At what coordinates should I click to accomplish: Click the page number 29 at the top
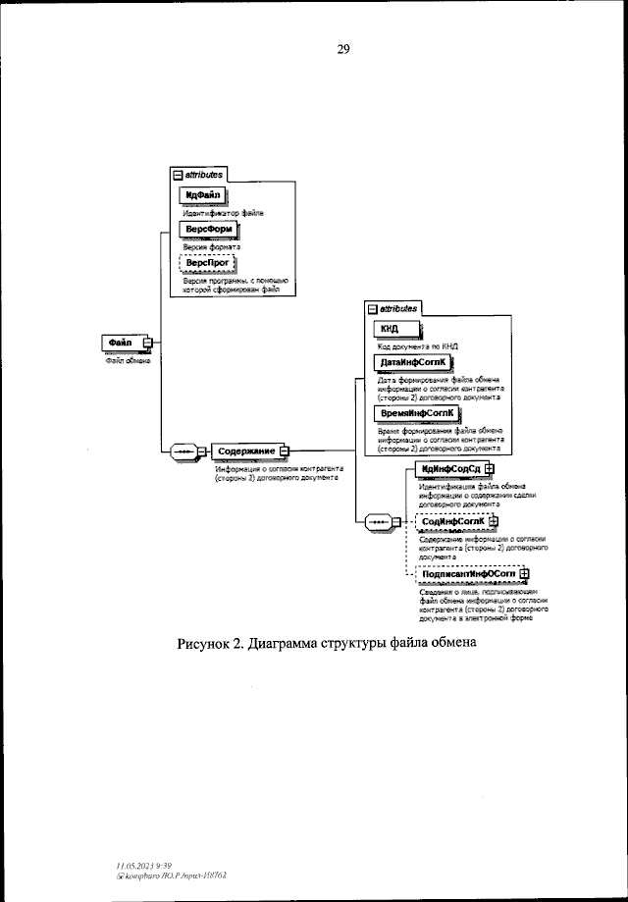pyautogui.click(x=344, y=49)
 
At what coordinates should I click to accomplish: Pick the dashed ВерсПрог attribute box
pyautogui.click(x=208, y=264)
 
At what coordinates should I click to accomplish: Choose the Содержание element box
pyautogui.click(x=245, y=451)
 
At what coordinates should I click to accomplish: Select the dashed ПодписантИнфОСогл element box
pyautogui.click(x=467, y=574)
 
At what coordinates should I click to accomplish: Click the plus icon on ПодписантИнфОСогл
pyautogui.click(x=524, y=574)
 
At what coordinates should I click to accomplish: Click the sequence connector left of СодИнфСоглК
pyautogui.click(x=378, y=521)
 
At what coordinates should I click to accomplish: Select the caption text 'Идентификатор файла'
pyautogui.click(x=225, y=212)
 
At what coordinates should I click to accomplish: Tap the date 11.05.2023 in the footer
pyautogui.click(x=131, y=865)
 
